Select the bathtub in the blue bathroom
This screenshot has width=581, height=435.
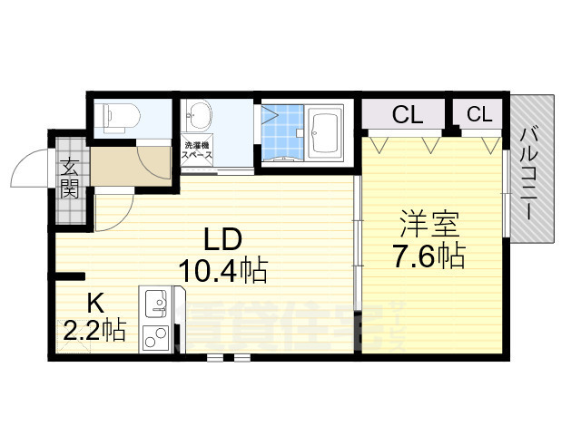click(x=324, y=133)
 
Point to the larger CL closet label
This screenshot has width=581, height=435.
click(x=408, y=115)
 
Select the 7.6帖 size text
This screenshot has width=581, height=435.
click(x=428, y=256)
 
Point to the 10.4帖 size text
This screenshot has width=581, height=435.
click(x=222, y=270)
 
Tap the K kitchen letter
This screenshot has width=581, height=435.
click(x=95, y=303)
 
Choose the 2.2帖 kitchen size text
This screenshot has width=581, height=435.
click(x=94, y=331)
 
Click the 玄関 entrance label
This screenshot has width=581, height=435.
click(x=70, y=178)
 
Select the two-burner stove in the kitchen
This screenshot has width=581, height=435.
click(x=154, y=334)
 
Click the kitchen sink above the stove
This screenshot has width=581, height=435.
click(x=156, y=300)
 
